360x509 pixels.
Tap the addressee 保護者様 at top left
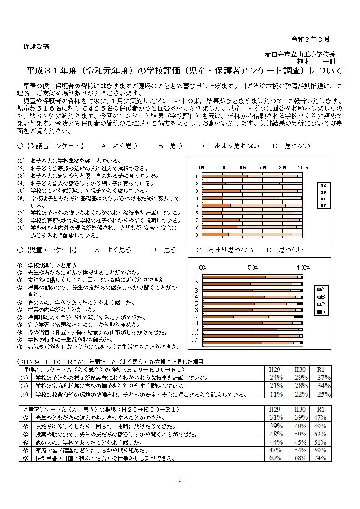click(36, 46)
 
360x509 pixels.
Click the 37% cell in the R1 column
click(324, 378)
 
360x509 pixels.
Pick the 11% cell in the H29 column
click(276, 394)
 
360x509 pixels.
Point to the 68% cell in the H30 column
click(300, 458)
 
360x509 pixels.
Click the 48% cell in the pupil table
click(276, 434)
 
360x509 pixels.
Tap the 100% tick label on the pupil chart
click(303, 267)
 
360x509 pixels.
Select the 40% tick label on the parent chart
click(243, 167)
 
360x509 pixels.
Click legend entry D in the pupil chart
click(325, 312)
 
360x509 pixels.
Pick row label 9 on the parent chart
click(196, 235)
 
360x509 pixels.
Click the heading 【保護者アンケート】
click(54, 145)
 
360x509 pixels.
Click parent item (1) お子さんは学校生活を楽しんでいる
click(69, 160)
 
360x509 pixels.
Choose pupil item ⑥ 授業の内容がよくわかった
click(62, 310)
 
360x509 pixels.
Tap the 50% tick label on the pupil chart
click(253, 267)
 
